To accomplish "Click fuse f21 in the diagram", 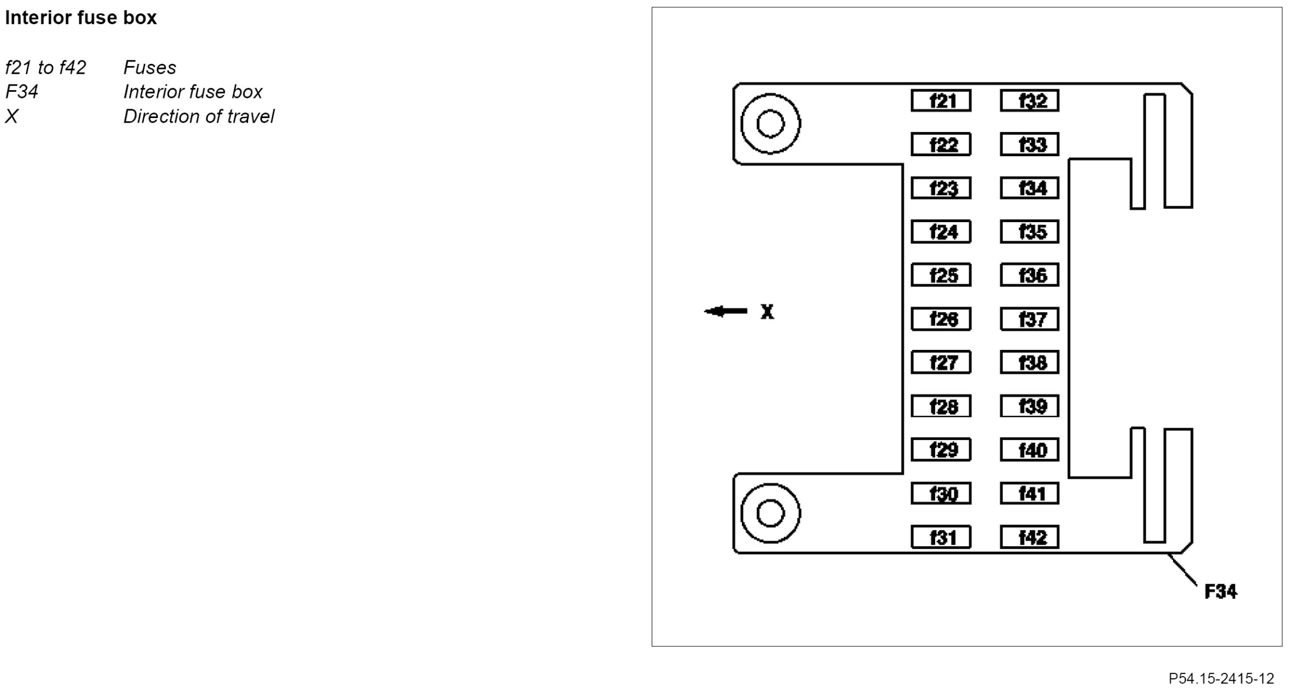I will point(941,101).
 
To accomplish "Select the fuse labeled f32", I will point(1030,101).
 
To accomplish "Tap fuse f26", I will point(941,319).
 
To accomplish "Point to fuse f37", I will point(1030,319).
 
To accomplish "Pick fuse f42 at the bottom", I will point(1030,537).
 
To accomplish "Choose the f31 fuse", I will point(941,537).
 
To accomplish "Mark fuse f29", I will point(941,450).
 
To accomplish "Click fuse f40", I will point(1030,450).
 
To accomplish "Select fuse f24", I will point(941,232).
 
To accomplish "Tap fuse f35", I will point(1030,232).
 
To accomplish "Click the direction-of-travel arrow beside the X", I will point(726,311).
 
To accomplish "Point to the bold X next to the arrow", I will point(767,312).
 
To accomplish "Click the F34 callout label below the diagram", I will point(1221,592).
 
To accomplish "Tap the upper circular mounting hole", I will point(770,124).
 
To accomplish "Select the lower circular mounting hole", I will point(770,513).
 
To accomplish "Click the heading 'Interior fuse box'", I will point(81,18).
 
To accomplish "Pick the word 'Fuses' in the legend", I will point(149,68).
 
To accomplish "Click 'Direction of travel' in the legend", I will point(199,116).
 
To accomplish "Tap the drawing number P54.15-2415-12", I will point(1221,678).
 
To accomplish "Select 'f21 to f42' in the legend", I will point(46,68).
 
